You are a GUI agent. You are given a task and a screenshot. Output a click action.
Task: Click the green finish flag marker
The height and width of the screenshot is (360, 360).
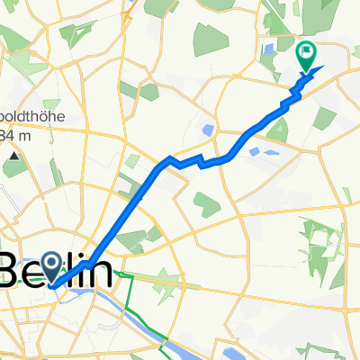pyautogui.click(x=306, y=57)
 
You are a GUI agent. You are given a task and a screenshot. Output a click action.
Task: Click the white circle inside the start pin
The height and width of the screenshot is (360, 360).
pyautogui.click(x=50, y=263)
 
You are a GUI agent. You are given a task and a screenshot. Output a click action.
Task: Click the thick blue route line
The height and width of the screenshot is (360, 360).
pyautogui.click(x=135, y=198)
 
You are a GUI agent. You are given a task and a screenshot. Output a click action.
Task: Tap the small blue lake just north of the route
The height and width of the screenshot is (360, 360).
pyautogui.click(x=209, y=130)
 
